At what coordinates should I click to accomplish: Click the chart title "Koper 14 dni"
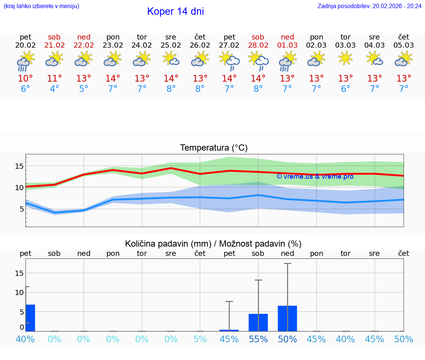coord(175,11)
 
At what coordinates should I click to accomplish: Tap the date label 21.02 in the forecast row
coord(54,45)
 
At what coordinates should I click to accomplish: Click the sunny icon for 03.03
coord(345,59)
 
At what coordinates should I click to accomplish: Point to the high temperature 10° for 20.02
coord(25,79)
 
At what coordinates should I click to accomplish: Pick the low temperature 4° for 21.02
coord(54,89)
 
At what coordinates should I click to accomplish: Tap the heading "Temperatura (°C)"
coord(214,148)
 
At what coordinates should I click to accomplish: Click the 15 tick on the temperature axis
coord(19,166)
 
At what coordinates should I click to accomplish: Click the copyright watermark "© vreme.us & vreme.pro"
coord(315,176)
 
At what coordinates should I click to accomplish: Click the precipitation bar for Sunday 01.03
coord(287,318)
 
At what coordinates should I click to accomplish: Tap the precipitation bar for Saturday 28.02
coord(258,322)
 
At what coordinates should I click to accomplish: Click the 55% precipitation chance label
coord(258,339)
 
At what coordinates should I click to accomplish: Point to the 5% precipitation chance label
coord(200,339)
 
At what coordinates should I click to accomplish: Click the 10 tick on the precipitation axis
coord(19,292)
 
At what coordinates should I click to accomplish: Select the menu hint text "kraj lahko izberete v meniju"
coord(41,6)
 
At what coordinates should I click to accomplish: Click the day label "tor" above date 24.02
coord(142,37)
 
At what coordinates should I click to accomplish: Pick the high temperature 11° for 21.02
coord(54,79)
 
